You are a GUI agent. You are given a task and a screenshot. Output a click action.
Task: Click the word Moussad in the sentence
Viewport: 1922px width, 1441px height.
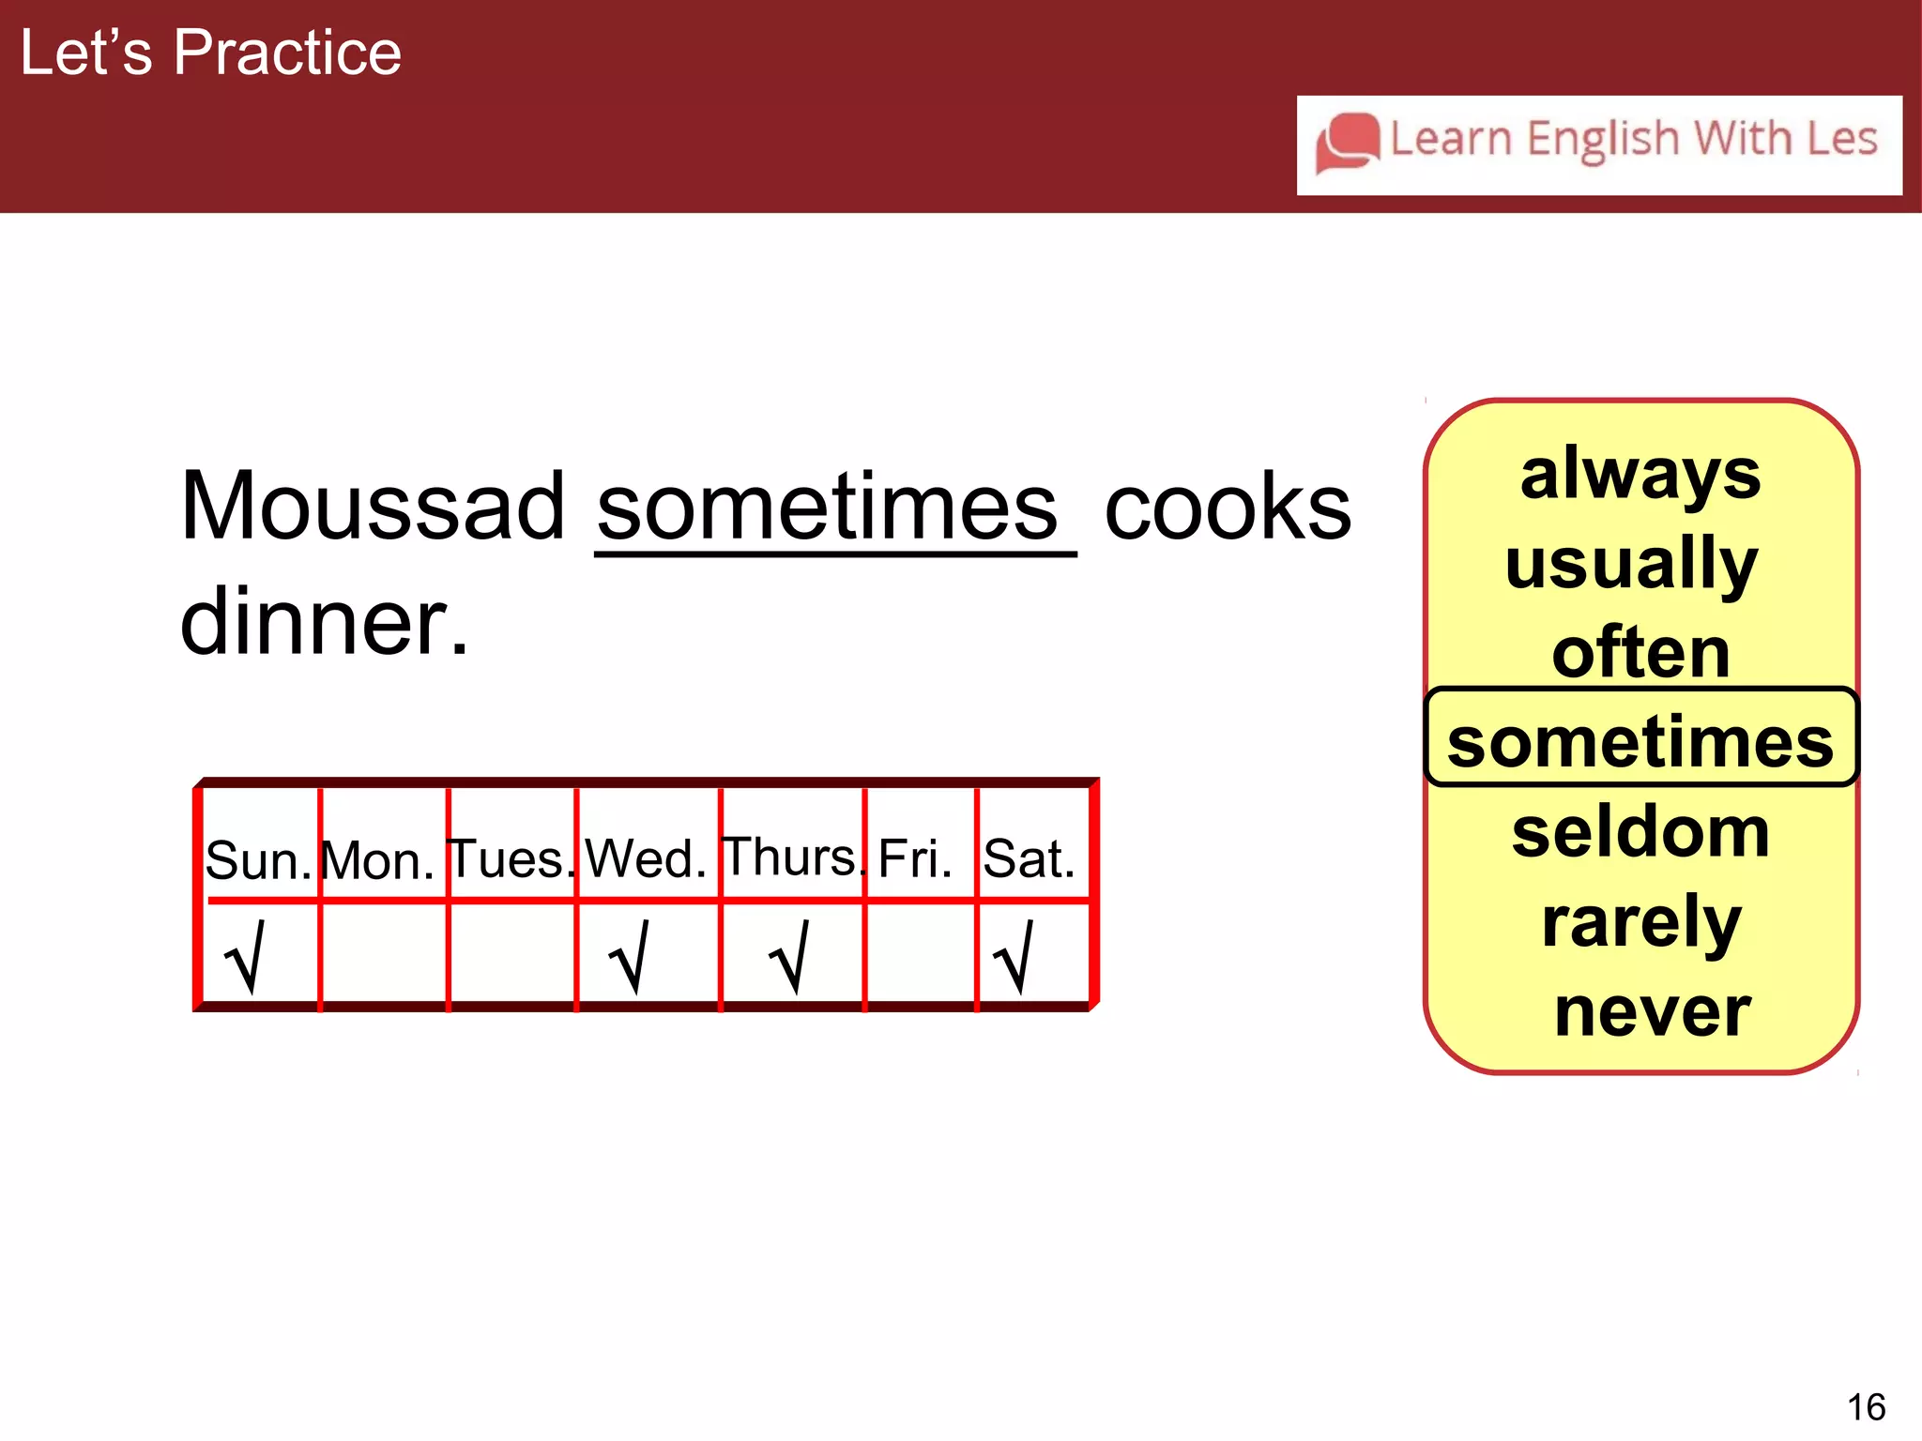pos(373,507)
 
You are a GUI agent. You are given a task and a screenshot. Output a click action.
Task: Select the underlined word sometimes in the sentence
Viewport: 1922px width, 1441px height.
pos(828,508)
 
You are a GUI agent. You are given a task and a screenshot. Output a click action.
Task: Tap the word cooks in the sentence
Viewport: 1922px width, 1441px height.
pos(1228,508)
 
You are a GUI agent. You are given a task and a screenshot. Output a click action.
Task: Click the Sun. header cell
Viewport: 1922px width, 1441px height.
pos(259,858)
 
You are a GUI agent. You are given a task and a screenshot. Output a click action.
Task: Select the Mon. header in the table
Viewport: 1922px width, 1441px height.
pos(378,859)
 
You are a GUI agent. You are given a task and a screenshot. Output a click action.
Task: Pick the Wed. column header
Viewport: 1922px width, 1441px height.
pos(646,857)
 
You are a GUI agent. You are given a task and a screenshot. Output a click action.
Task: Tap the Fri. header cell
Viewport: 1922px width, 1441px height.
pos(915,857)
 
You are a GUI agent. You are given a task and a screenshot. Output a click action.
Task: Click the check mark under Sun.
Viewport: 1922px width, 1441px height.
pos(246,957)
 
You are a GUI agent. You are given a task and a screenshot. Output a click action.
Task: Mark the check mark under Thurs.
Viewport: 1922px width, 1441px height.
pos(790,957)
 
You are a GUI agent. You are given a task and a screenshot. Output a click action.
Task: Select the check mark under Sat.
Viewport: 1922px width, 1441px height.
pos(1014,957)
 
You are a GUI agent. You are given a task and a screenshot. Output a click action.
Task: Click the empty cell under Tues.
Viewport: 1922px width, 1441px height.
pos(511,955)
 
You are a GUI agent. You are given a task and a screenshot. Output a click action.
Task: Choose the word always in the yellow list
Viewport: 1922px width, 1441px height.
pos(1640,475)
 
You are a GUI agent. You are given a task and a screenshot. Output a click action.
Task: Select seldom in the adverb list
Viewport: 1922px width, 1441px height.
pos(1640,832)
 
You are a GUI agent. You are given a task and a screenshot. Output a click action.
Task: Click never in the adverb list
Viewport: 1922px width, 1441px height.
pos(1653,1011)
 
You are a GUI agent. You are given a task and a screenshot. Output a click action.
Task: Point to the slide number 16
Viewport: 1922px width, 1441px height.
pos(1866,1407)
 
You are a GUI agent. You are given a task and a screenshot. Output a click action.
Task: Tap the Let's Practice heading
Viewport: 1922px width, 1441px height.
pos(211,53)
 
